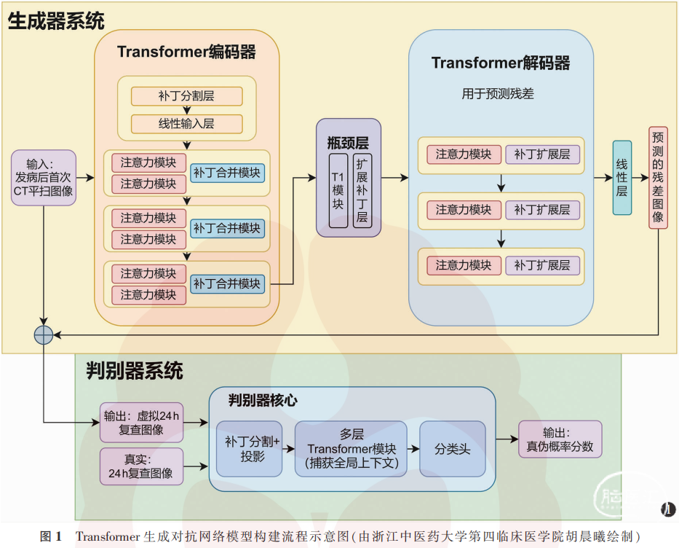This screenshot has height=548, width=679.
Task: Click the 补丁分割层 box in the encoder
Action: point(186,96)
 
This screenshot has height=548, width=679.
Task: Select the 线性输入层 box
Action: point(186,124)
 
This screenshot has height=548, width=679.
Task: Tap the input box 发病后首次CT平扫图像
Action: point(44,177)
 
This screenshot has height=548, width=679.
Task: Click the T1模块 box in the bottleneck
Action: point(338,191)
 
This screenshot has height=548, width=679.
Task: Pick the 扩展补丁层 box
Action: point(362,191)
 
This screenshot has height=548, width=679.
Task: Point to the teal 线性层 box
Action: point(622,178)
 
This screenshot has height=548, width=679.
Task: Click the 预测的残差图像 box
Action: point(658,178)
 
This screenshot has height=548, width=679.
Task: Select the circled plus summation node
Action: point(44,334)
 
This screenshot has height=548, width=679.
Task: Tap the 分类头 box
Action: point(452,449)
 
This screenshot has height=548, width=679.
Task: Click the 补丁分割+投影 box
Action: point(249,449)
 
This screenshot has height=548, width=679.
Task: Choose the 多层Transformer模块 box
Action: point(352,449)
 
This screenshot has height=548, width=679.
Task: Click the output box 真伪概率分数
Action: point(560,439)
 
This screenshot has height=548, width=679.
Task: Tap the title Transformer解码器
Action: point(501,63)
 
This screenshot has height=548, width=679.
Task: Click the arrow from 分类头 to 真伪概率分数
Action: point(507,439)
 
